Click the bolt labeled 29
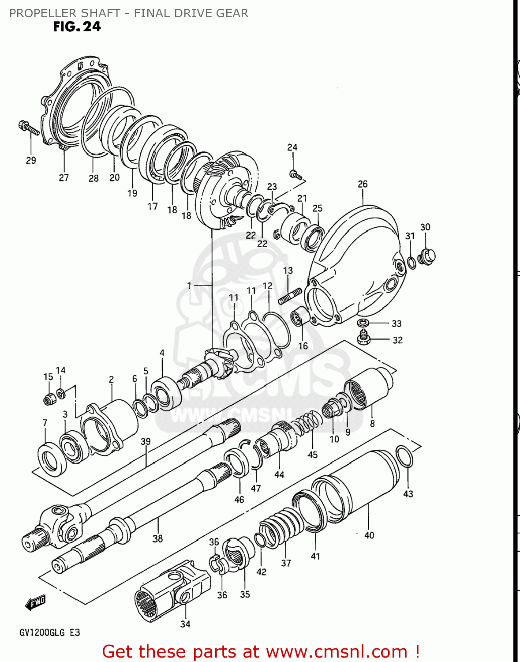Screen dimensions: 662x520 pos(29,128)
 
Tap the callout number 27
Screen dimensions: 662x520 pos(64,177)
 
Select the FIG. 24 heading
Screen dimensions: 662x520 pos(77,27)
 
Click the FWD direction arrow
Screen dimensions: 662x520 pos(36,602)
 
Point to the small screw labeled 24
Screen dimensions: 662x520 pos(296,175)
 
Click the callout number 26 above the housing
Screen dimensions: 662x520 pos(363,184)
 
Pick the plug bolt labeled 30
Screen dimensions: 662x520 pos(426,256)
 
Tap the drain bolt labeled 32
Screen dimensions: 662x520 pos(363,338)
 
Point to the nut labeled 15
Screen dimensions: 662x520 pos(49,399)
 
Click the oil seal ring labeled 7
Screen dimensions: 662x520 pos(52,458)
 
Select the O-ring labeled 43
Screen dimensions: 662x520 pos(404,456)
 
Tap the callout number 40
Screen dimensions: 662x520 pos(369,535)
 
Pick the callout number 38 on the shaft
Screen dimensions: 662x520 pos(157,538)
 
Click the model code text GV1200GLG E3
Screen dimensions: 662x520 pos(49,632)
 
